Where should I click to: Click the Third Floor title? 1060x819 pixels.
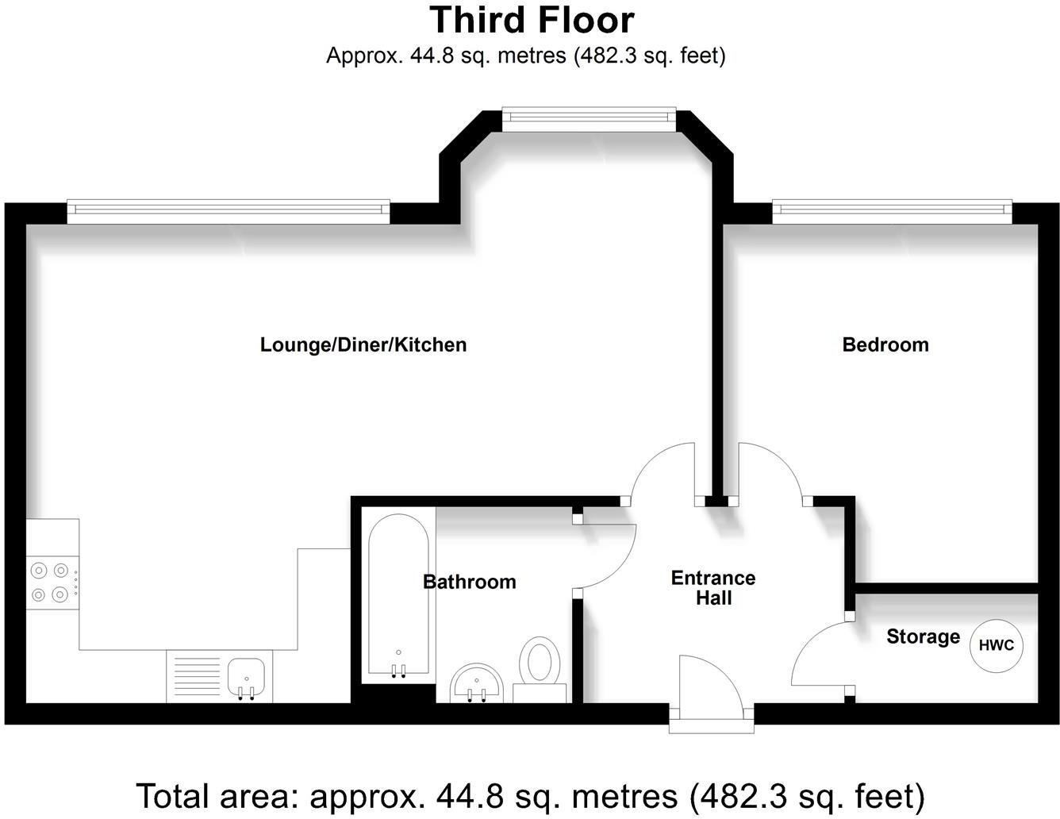click(532, 20)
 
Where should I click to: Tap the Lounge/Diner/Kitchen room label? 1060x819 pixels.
click(363, 344)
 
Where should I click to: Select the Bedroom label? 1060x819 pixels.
click(885, 344)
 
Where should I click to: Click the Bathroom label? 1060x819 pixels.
click(469, 582)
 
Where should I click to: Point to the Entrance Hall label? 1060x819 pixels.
click(712, 587)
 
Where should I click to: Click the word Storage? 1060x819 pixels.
click(923, 636)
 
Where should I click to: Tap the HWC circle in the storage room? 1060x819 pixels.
click(996, 645)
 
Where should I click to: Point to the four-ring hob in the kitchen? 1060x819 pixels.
click(49, 582)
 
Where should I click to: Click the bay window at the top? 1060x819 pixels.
click(589, 119)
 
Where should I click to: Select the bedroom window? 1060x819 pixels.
click(893, 209)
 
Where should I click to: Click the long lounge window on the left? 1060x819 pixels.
click(229, 209)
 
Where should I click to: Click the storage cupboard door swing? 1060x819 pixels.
click(821, 655)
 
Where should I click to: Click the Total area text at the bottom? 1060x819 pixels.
click(530, 795)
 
